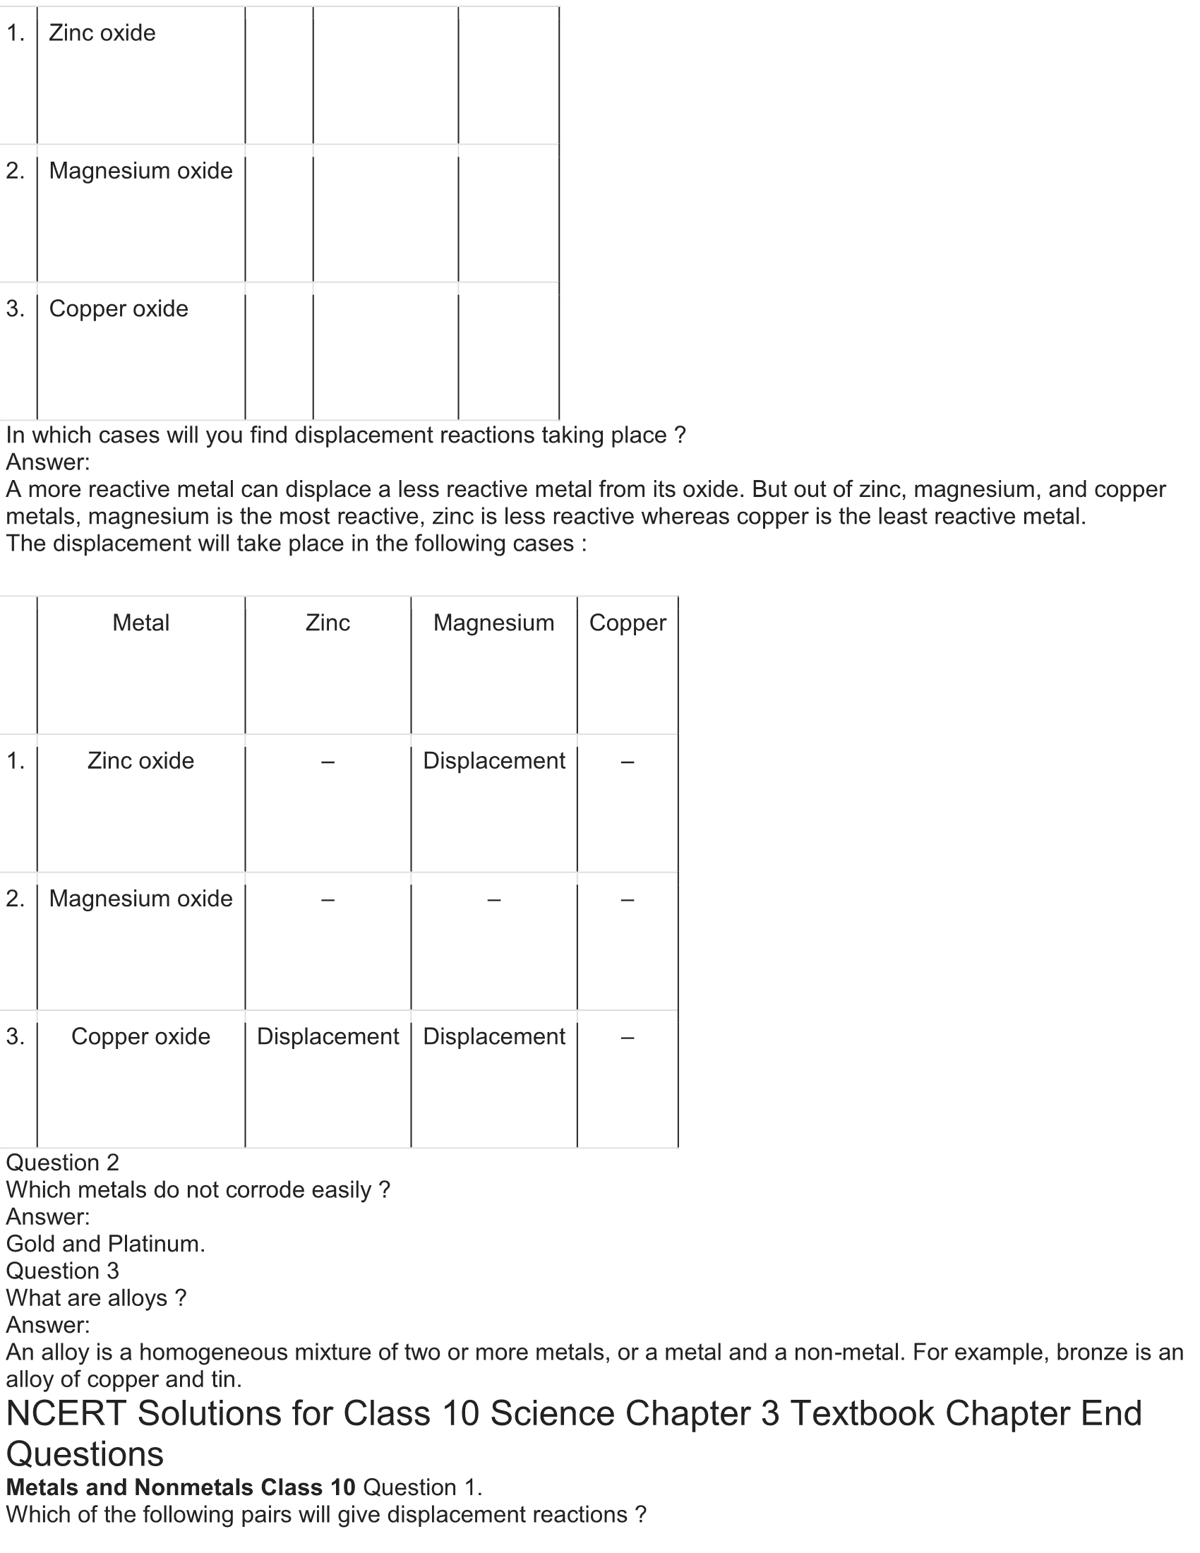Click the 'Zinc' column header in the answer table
[x=328, y=623]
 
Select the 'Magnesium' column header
[x=493, y=623]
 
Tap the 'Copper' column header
[x=627, y=623]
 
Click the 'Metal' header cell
[x=140, y=623]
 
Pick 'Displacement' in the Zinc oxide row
[x=493, y=761]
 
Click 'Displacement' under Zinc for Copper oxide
[x=328, y=1037]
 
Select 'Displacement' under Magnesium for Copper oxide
[x=493, y=1037]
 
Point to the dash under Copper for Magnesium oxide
[x=627, y=900]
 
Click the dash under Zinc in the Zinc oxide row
[x=328, y=762]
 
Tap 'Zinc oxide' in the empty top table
[x=102, y=33]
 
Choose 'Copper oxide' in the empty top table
[x=118, y=308]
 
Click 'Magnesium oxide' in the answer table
[x=140, y=899]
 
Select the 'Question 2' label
[x=63, y=1163]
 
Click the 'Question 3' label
[x=63, y=1271]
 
